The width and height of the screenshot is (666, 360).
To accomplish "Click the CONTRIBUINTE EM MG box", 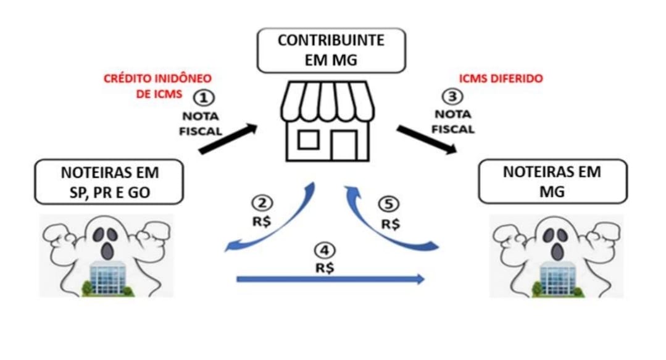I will [x=330, y=51].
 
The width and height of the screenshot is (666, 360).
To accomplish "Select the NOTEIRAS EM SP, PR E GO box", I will [x=109, y=182].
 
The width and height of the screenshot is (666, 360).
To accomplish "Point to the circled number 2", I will [x=262, y=203].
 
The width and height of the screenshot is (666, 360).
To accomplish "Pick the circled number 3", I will [x=454, y=96].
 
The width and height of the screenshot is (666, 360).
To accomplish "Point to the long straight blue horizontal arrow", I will [x=331, y=279].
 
